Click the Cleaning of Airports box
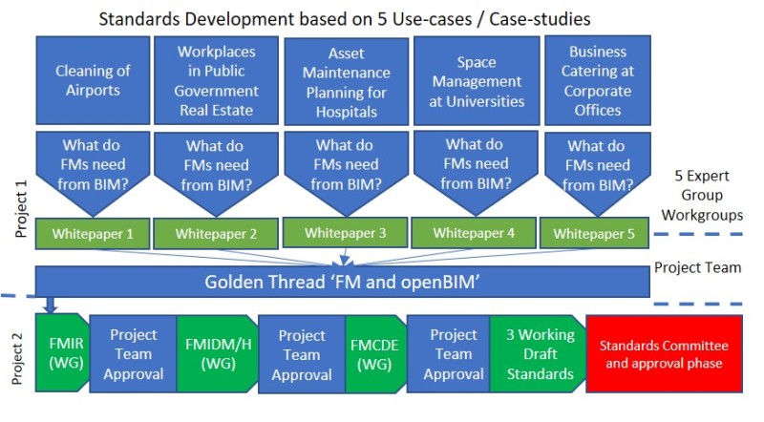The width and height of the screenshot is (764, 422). pos(93,80)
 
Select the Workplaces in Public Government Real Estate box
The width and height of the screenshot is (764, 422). pos(217,80)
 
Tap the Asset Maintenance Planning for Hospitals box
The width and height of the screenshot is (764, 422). pos(346,81)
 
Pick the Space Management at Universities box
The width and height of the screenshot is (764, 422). pos(477,80)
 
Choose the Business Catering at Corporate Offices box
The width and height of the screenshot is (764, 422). pos(598,80)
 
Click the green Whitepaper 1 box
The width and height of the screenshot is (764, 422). pos(93,234)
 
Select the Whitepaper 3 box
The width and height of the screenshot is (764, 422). pos(345,233)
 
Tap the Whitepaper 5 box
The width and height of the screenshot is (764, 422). pos(594,234)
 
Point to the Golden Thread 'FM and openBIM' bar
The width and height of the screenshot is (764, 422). pos(342,282)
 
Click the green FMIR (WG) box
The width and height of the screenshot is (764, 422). pos(63,353)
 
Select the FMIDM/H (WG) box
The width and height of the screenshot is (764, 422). pos(218,354)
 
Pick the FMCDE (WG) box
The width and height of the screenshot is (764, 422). pos(375,354)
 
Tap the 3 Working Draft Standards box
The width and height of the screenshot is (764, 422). pos(539,354)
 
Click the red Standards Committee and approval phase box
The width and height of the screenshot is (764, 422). pos(664,354)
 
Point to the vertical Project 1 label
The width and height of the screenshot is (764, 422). pos(21,209)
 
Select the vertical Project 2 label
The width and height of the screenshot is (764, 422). pos(17,358)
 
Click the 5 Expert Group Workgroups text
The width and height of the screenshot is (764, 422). pos(702,196)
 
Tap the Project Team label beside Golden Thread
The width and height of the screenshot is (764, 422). pos(698,267)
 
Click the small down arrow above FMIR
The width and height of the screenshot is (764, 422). pos(50,306)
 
